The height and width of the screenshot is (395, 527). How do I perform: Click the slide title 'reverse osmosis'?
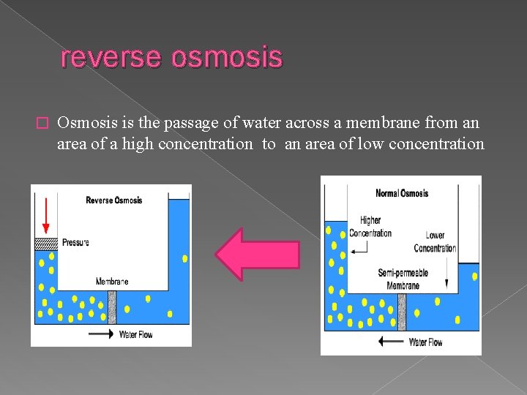pos(171,57)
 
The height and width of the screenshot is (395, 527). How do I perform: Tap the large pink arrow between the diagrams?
pos(257,255)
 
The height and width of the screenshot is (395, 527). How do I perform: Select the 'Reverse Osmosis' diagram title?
pos(113,200)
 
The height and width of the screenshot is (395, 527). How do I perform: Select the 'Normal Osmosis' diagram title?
pos(402,193)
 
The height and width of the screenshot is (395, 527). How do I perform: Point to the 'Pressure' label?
pos(75,242)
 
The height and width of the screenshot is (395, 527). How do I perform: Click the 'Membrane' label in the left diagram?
pos(111,282)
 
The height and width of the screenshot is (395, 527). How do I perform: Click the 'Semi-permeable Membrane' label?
pos(403,279)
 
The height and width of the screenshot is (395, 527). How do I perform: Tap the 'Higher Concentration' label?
pos(370,227)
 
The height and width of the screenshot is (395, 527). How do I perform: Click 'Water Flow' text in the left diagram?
pos(135,335)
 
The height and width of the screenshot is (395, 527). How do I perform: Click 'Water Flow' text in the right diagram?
pos(425,342)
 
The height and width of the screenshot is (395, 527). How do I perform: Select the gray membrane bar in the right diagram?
pos(403,312)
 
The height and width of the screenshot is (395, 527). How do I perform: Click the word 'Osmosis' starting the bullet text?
pos(83,123)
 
